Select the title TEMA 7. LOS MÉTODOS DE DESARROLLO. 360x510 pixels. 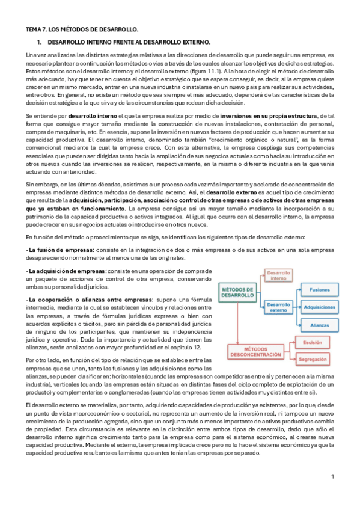point(82,28)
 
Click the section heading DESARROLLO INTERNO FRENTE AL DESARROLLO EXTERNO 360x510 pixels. point(128,42)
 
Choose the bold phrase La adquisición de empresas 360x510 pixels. point(67,271)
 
